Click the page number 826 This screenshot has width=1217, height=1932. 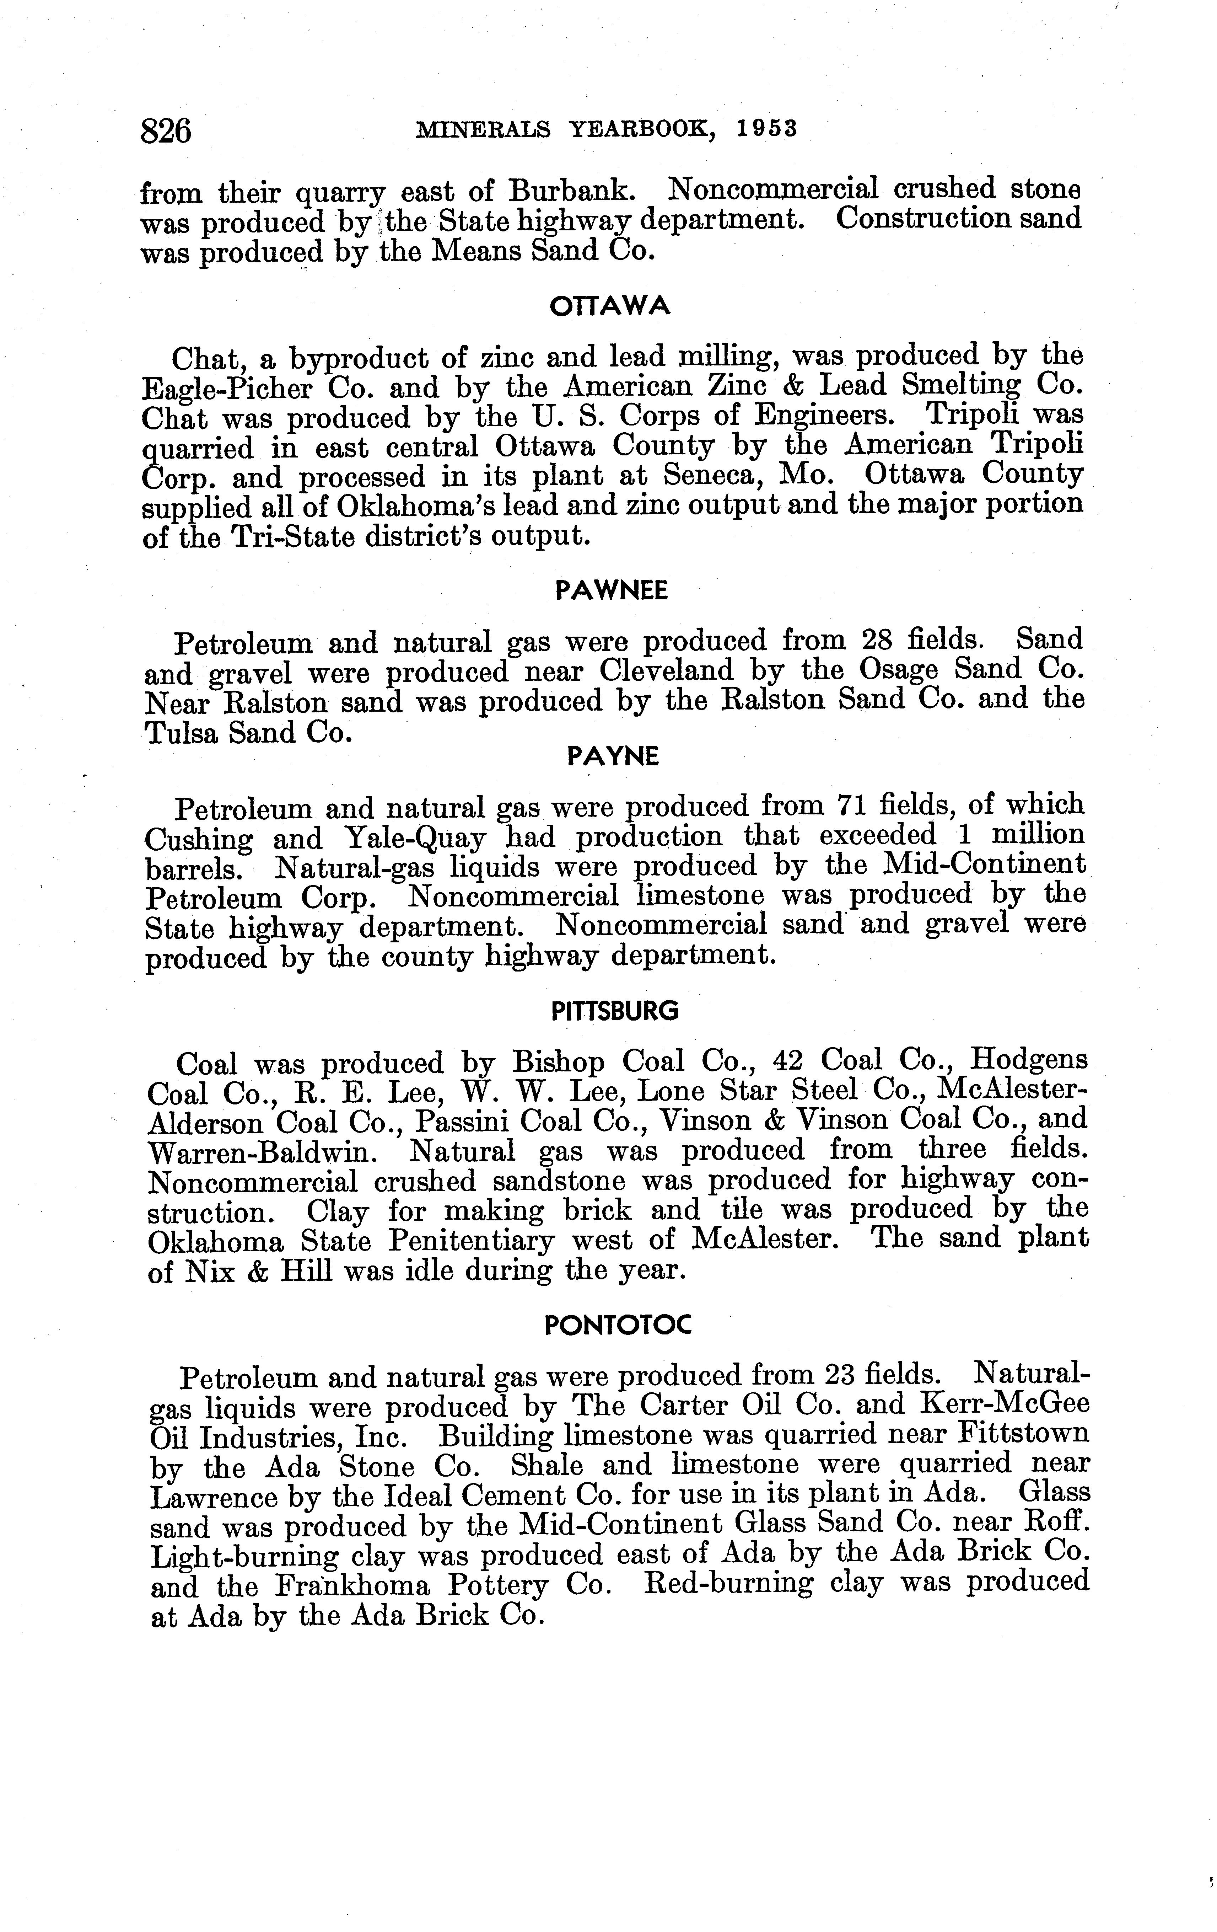166,130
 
